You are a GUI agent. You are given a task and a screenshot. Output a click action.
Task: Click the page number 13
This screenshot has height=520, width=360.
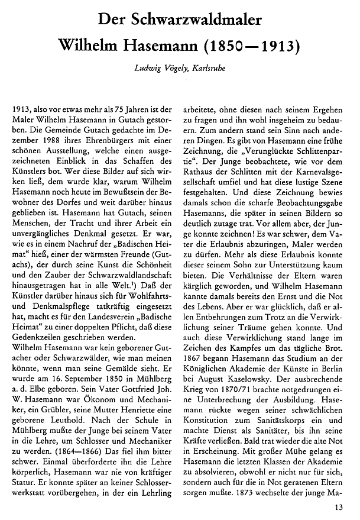(338, 506)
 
